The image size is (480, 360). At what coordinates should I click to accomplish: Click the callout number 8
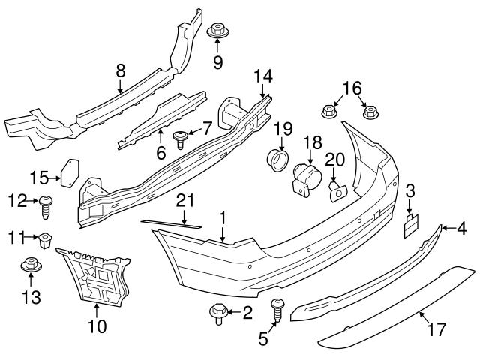pos(120,72)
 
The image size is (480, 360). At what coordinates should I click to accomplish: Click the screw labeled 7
pos(181,137)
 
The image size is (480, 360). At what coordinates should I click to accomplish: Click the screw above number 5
pos(279,307)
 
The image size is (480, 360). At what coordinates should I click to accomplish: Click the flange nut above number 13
pos(30,265)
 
